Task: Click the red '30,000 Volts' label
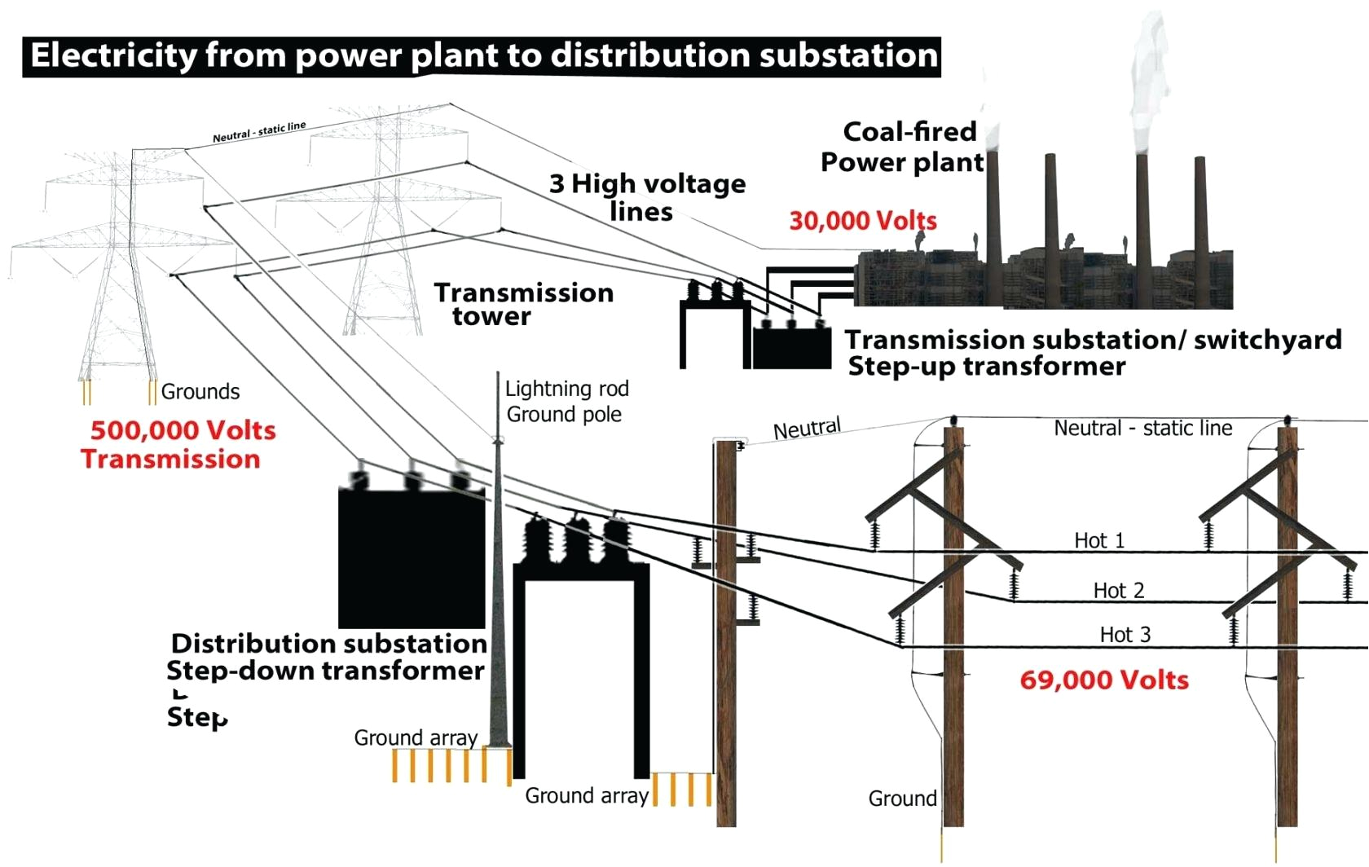click(863, 221)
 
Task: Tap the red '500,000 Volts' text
click(183, 430)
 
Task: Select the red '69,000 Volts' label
click(1104, 680)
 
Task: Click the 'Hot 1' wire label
click(1099, 540)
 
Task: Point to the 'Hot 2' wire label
click(1119, 590)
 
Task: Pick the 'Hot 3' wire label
click(1125, 635)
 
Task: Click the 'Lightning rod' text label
click(566, 389)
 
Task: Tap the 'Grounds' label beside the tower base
click(200, 392)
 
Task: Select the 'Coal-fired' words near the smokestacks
click(909, 132)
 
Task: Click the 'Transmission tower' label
click(523, 304)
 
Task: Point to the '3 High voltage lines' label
click(647, 197)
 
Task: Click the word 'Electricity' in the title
click(113, 55)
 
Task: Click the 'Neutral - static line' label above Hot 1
click(1142, 429)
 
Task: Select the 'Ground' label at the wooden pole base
click(902, 799)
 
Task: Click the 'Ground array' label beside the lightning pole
click(416, 738)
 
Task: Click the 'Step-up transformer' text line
click(986, 367)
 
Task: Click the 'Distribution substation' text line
click(328, 644)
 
